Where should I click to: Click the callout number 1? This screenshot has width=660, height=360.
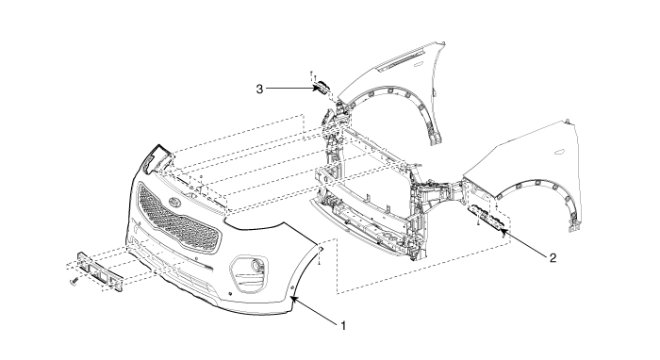coord(343,325)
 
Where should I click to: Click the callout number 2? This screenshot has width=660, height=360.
coord(553,258)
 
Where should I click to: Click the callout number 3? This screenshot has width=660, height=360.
coord(259,90)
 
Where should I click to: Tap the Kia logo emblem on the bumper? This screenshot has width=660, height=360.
coord(173,202)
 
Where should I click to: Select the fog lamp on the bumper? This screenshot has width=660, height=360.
coord(256,266)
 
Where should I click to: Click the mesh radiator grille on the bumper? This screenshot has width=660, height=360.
coord(179,219)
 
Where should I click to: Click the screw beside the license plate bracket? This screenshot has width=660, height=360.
coord(74,281)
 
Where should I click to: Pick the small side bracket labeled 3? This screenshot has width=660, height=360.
coord(322,89)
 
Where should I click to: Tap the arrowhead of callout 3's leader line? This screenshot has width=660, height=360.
coord(317,89)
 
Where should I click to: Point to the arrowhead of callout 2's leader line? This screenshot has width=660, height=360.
coord(502,229)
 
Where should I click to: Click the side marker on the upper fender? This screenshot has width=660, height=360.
coord(420,65)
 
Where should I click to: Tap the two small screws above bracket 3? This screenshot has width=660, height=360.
coord(313,75)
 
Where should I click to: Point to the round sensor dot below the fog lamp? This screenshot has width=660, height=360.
coord(231,292)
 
